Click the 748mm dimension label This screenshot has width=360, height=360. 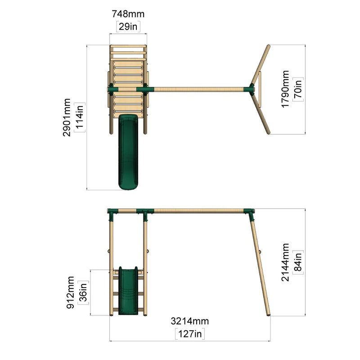pos(128,14)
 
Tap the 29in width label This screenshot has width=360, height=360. pos(128,27)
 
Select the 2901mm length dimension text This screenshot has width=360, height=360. pos(67,117)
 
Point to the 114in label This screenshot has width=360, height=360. pos(80,117)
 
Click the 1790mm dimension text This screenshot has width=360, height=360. pos(285,89)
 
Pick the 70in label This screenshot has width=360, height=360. pos(298,89)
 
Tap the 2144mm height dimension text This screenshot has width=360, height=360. pos(285,262)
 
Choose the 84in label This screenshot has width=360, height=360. pos(298,262)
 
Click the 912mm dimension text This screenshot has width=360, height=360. pos(70,292)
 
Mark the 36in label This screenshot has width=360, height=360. pos(83,292)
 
